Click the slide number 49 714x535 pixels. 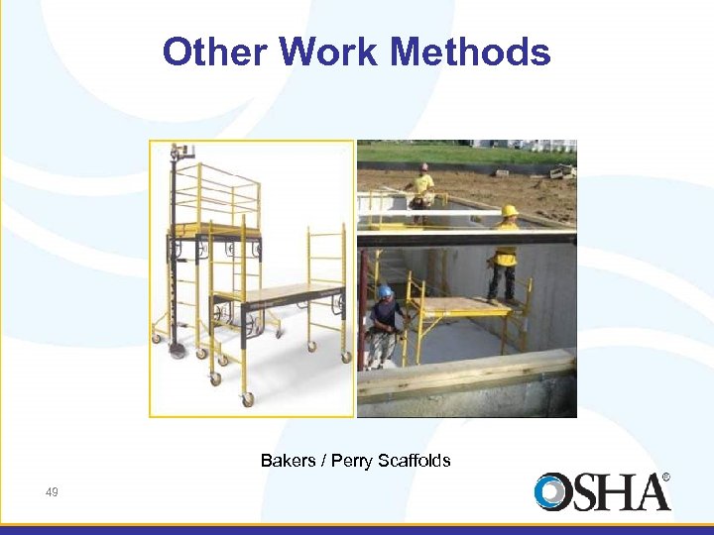tap(52, 491)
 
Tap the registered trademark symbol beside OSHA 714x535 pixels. tap(665, 477)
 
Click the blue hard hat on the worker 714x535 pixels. tap(385, 291)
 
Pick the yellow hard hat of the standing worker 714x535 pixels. tap(510, 210)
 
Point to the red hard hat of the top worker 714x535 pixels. tap(424, 167)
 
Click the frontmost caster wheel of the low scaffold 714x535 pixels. tap(247, 399)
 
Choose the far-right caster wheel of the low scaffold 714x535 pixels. tap(345, 357)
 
